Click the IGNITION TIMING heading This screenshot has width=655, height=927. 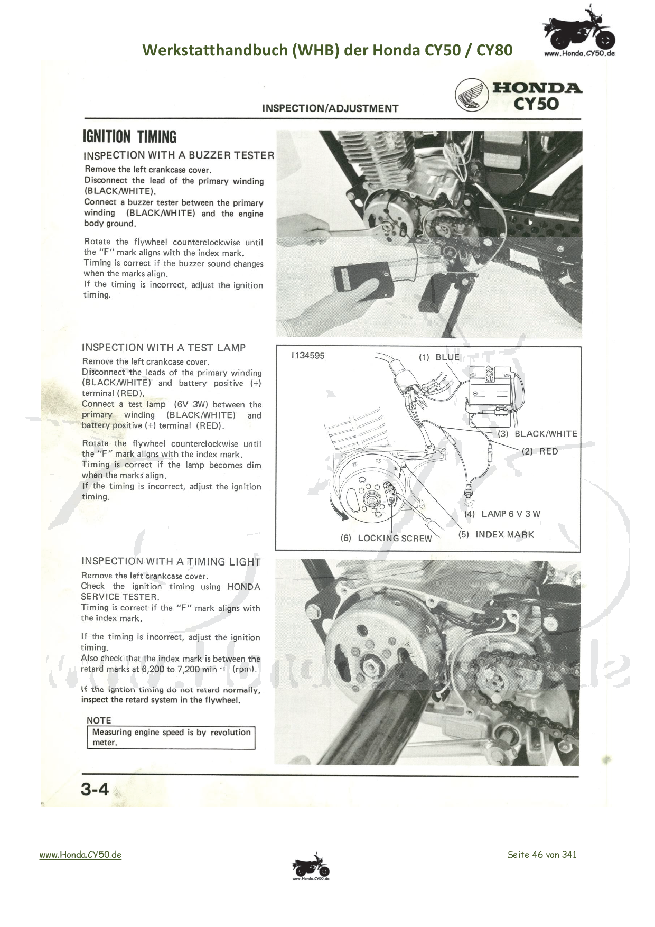point(129,137)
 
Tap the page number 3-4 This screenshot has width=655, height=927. point(95,790)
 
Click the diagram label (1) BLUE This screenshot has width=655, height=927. point(439,357)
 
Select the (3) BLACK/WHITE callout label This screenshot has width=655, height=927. point(538,434)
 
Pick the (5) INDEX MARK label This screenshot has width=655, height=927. point(497,534)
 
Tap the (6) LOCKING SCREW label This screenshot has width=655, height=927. point(386,538)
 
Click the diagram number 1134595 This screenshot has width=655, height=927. point(308,356)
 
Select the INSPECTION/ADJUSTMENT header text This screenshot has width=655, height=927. point(330,108)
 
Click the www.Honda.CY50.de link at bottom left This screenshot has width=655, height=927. point(80,855)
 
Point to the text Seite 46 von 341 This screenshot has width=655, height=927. point(542,855)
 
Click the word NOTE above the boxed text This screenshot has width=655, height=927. point(99,720)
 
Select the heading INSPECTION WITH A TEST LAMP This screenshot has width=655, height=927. point(164,348)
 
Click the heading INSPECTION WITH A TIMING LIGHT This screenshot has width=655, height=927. point(171,562)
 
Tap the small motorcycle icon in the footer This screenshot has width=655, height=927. point(311,867)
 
